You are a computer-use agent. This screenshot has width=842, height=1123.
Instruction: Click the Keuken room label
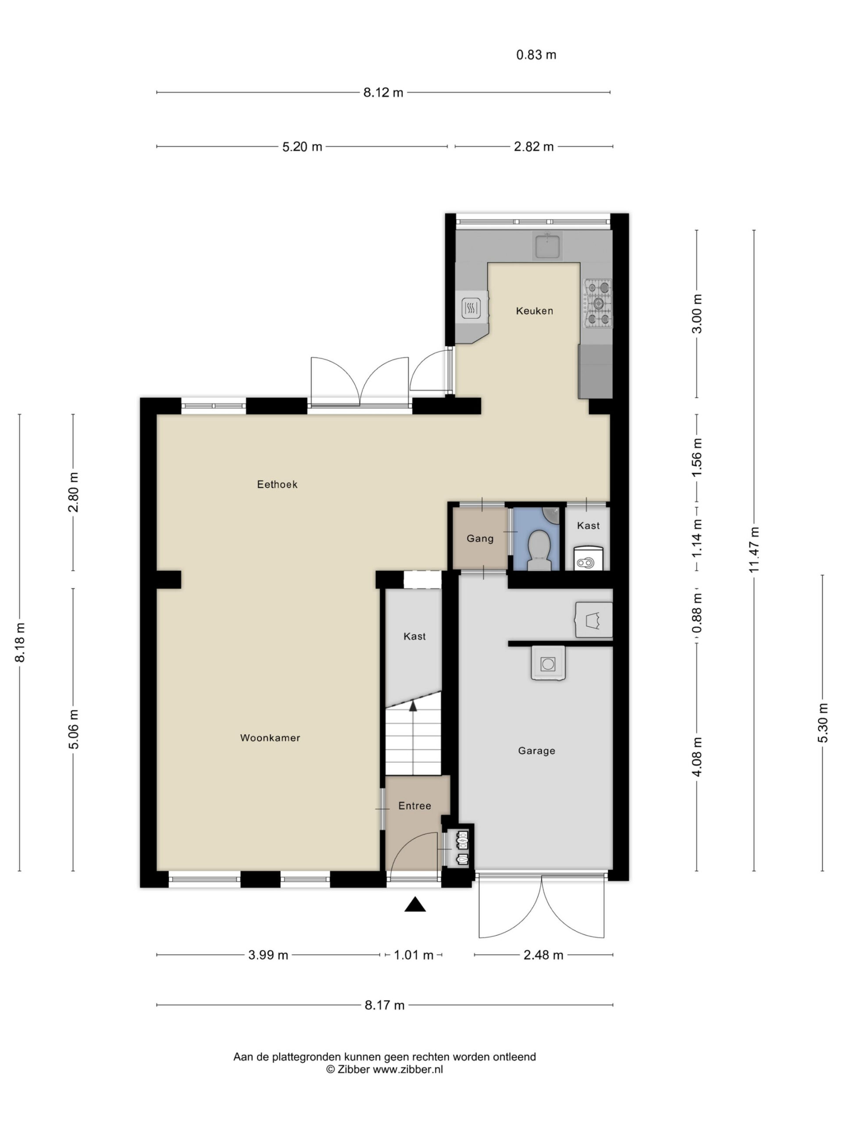pyautogui.click(x=534, y=311)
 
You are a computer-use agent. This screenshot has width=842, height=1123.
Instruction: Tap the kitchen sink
pyautogui.click(x=547, y=245)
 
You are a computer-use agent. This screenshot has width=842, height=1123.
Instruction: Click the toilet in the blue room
pyautogui.click(x=539, y=550)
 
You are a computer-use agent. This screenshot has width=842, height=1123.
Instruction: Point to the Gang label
pyautogui.click(x=480, y=538)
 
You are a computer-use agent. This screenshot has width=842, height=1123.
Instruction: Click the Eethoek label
pyautogui.click(x=277, y=484)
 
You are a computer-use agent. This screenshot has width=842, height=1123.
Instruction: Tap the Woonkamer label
pyautogui.click(x=270, y=738)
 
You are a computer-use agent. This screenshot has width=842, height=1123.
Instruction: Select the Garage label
pyautogui.click(x=536, y=751)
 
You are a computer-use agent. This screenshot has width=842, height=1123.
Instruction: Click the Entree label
pyautogui.click(x=415, y=806)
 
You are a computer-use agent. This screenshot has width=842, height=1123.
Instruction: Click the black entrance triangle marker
pyautogui.click(x=415, y=904)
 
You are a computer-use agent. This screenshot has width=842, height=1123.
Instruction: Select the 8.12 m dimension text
pyautogui.click(x=383, y=93)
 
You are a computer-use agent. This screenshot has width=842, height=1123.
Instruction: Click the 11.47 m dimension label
pyautogui.click(x=754, y=550)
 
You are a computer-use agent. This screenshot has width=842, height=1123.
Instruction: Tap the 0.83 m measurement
pyautogui.click(x=536, y=55)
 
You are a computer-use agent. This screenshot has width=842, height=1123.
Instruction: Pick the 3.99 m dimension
pyautogui.click(x=268, y=955)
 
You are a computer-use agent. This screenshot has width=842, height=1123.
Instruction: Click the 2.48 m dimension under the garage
pyautogui.click(x=543, y=955)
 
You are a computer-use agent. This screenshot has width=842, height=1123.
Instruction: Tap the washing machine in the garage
pyautogui.click(x=548, y=663)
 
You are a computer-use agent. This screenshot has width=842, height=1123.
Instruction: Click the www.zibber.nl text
pyautogui.click(x=408, y=1069)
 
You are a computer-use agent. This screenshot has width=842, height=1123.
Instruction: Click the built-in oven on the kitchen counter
pyautogui.click(x=471, y=307)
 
